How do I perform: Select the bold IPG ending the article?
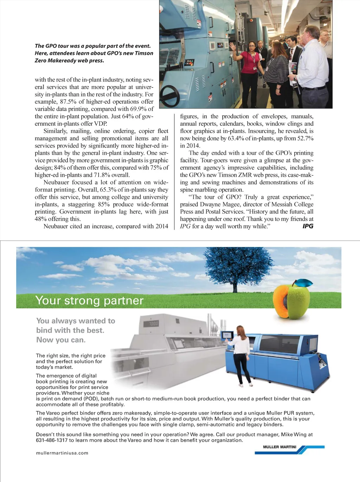(308, 226)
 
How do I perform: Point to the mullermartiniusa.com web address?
(62, 453)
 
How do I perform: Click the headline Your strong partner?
(89, 300)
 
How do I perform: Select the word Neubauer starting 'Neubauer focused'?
(57, 182)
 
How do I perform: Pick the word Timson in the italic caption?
(143, 53)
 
